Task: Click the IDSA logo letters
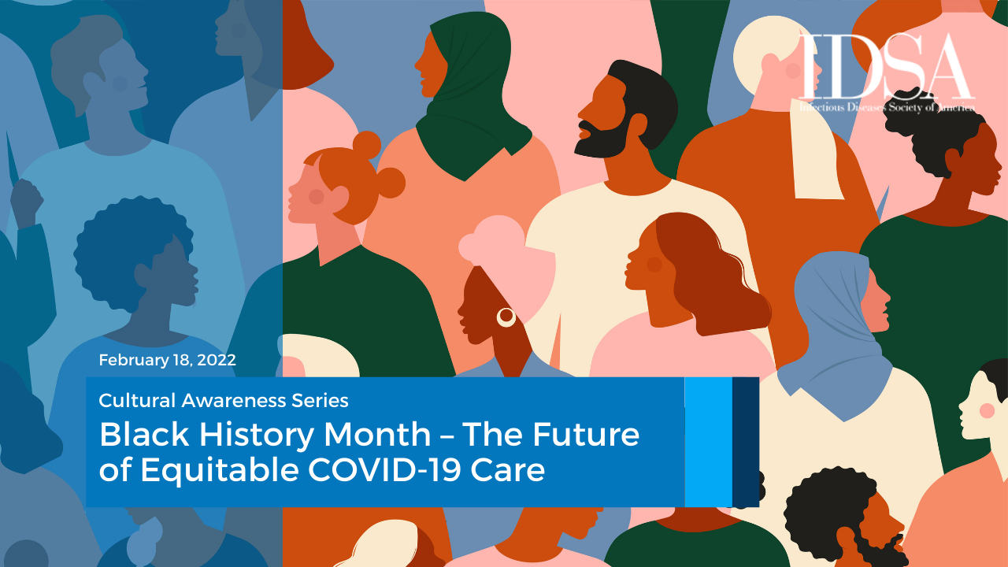tap(885, 66)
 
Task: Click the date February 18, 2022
tap(167, 360)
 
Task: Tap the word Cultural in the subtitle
tap(137, 401)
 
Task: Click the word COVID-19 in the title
tap(384, 470)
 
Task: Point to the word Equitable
tap(220, 470)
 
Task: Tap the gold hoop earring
tap(506, 317)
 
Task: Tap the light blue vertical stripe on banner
tap(708, 442)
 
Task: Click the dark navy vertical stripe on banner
tap(746, 442)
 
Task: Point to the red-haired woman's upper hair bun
tap(366, 145)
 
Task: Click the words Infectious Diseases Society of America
tap(887, 107)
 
